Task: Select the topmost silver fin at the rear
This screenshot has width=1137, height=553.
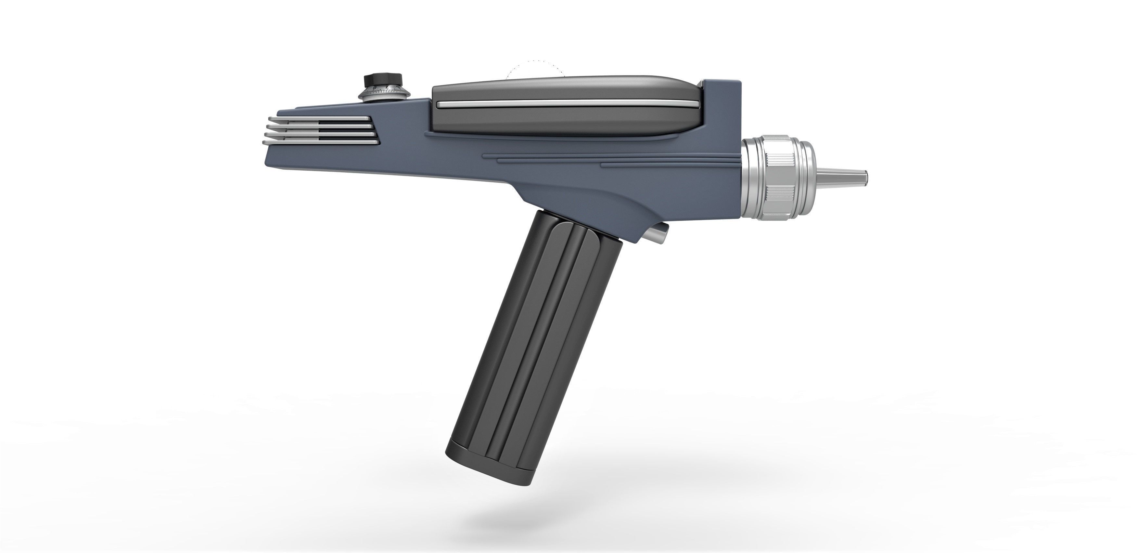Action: point(318,119)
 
